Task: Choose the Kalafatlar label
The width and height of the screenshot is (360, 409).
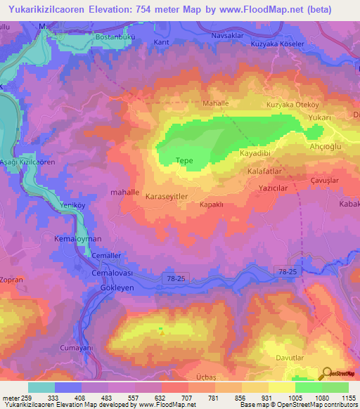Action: [x=265, y=171]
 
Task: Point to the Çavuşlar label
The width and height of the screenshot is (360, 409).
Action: [x=325, y=181]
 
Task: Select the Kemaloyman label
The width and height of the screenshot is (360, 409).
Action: [x=78, y=240]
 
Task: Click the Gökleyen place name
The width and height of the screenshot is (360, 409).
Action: [x=108, y=288]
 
